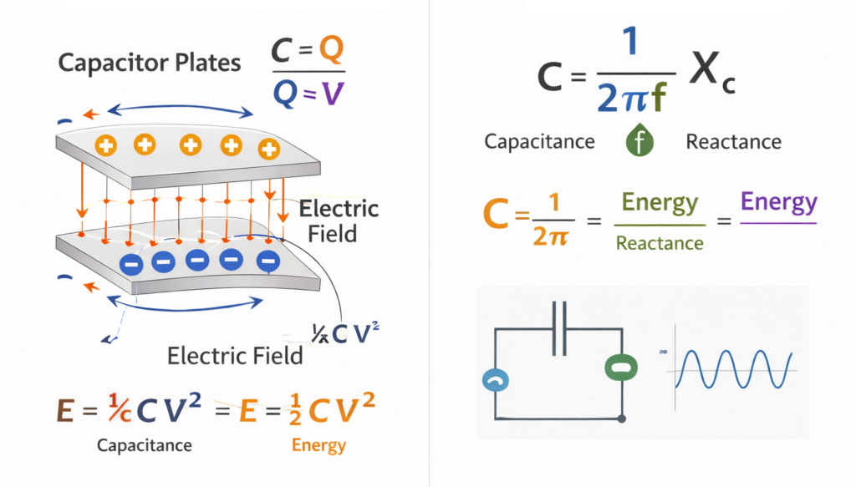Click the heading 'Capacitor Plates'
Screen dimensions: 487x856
pos(149,63)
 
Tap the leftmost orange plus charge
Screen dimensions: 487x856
pos(106,145)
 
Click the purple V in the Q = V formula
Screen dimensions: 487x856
pos(333,95)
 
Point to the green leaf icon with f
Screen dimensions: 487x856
pos(640,141)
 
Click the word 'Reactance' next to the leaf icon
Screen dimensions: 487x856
pos(733,141)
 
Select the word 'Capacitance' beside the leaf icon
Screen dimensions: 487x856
pos(539,141)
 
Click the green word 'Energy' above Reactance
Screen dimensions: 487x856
pos(660,204)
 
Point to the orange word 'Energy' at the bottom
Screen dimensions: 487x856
pos(318,445)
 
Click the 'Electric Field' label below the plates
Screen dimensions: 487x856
pos(235,356)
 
